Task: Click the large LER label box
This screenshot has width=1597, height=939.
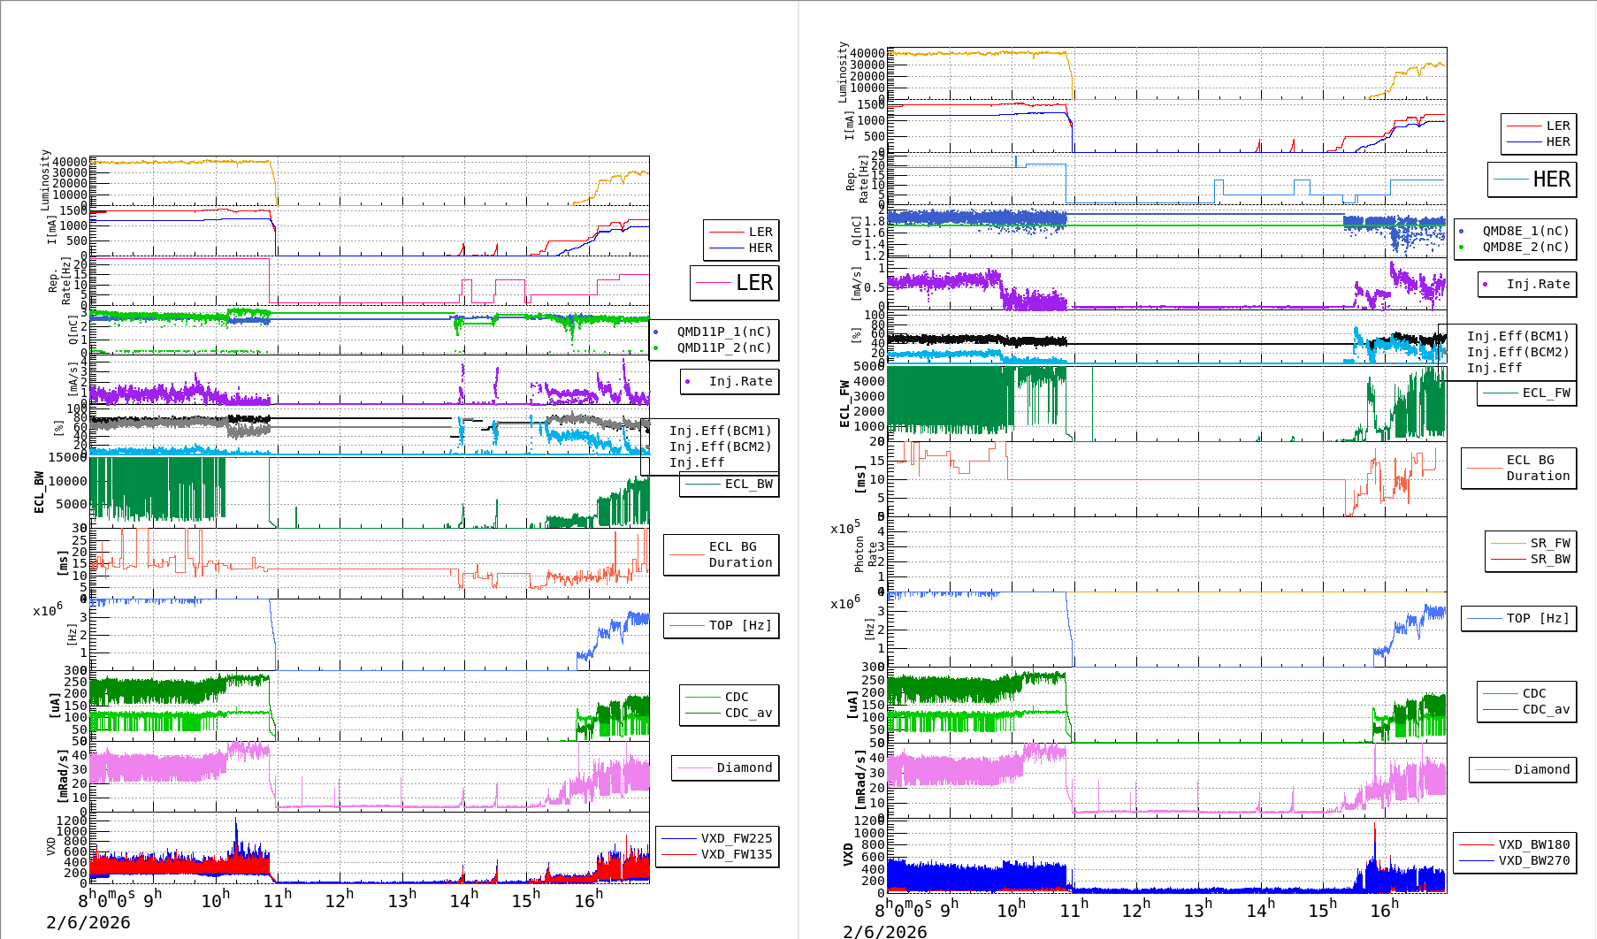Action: (735, 283)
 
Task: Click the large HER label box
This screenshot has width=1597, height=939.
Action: (1532, 179)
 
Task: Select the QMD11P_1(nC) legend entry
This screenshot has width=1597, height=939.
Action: (723, 332)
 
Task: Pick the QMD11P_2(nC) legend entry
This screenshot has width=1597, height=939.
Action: (723, 347)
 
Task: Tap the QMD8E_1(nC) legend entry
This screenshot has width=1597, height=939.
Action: (1525, 231)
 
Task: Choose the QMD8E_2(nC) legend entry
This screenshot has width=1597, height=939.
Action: (1525, 247)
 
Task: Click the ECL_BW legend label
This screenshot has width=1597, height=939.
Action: (748, 484)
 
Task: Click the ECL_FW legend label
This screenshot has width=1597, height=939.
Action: (1546, 393)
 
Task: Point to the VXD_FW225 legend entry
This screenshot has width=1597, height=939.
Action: (736, 838)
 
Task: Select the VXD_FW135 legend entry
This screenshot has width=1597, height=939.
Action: (736, 854)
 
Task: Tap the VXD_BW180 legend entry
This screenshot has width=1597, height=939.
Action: (1533, 844)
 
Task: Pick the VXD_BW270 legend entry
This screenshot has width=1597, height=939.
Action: (1533, 860)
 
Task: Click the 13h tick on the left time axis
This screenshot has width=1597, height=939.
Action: (401, 900)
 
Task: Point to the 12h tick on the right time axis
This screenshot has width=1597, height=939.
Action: (1136, 908)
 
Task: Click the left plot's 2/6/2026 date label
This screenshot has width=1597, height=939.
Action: (88, 922)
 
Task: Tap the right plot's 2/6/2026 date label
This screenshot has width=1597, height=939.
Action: (885, 931)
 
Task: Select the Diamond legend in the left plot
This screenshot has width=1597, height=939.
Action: (744, 767)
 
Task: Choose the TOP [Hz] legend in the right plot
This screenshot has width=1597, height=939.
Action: (1538, 618)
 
